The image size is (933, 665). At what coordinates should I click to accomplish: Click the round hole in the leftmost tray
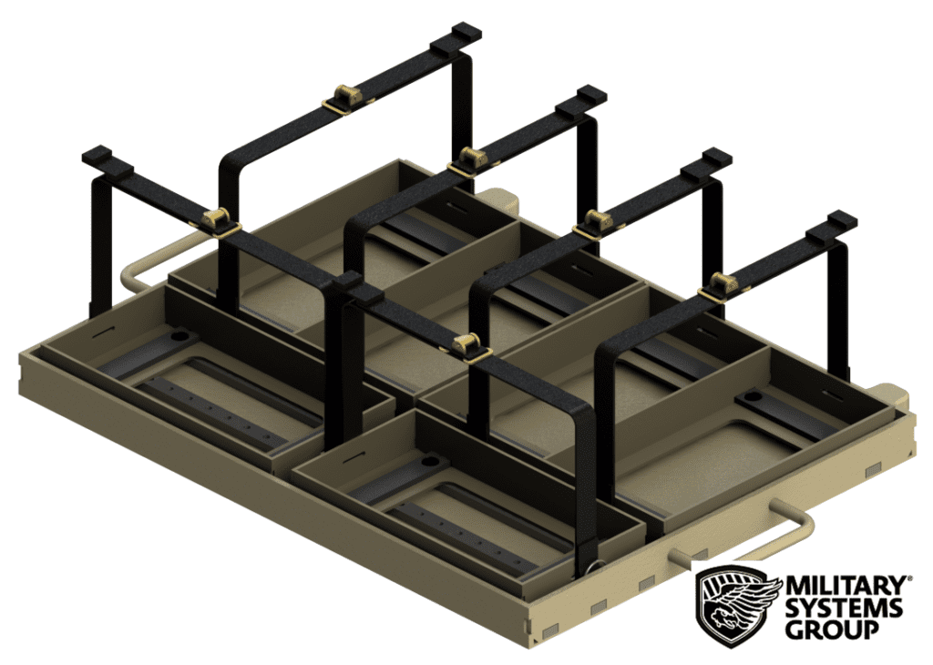coord(179,336)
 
